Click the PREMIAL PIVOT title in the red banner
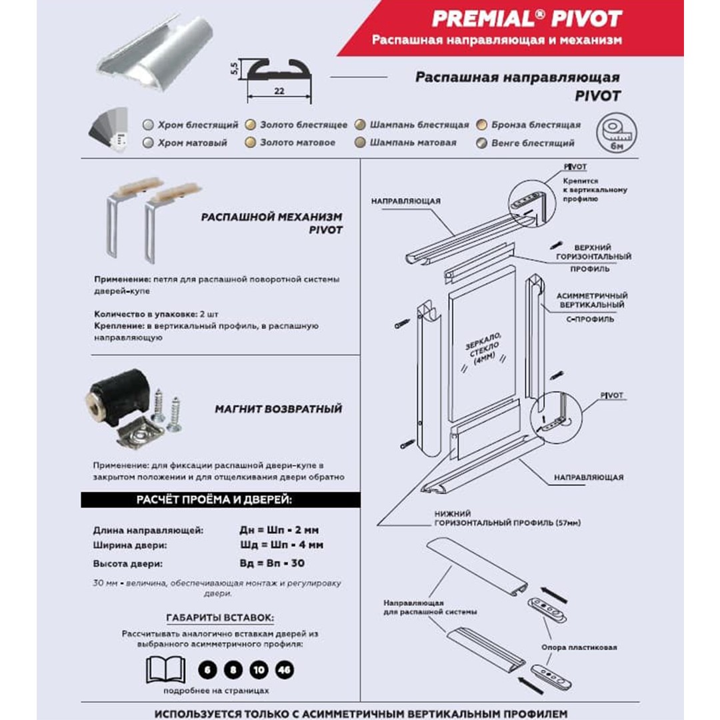pos(526,18)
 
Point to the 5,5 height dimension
pos(233,69)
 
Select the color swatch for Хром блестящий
pos(149,125)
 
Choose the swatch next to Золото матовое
pos(250,143)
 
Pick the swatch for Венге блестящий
pos(481,143)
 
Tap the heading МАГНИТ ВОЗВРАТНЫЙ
pos(278,409)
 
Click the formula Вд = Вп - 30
pos(272,563)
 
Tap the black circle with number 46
pos(283,670)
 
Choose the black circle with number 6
pos(208,670)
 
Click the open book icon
pos(165,669)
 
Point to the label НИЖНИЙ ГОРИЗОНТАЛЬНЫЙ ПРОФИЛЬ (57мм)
pos(506,519)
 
